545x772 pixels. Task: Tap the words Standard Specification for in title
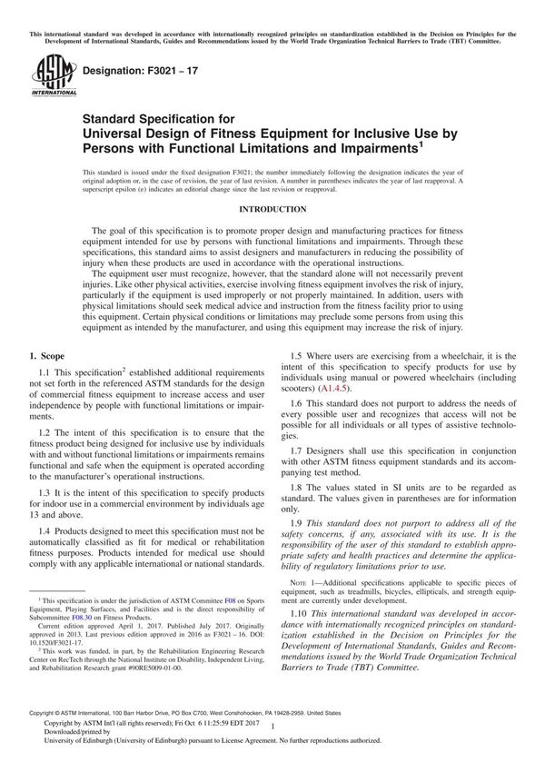pos(159,118)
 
